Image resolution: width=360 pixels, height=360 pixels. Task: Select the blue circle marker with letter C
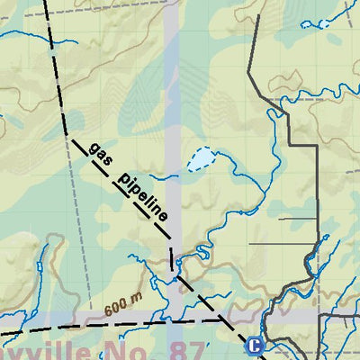[x=255, y=345]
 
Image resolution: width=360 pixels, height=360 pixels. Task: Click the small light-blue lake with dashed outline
[x=202, y=160]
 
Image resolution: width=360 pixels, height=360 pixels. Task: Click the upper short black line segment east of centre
[x=297, y=218]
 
